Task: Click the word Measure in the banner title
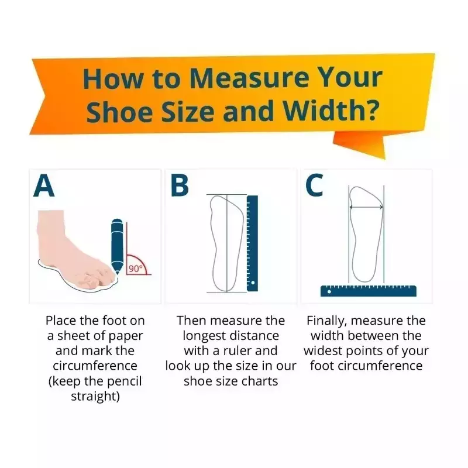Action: (249, 78)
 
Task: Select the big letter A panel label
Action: (44, 185)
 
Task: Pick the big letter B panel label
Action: (180, 185)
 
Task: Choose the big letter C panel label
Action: (314, 185)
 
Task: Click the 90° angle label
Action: (136, 269)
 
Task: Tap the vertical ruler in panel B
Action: (252, 243)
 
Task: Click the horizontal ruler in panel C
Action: (369, 291)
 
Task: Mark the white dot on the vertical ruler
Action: (253, 283)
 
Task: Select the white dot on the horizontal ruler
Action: (329, 291)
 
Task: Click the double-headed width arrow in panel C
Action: (366, 207)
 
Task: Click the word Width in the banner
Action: (324, 111)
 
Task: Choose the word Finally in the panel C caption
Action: (327, 321)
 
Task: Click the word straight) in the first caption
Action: (95, 397)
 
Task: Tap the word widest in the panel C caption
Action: (323, 350)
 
